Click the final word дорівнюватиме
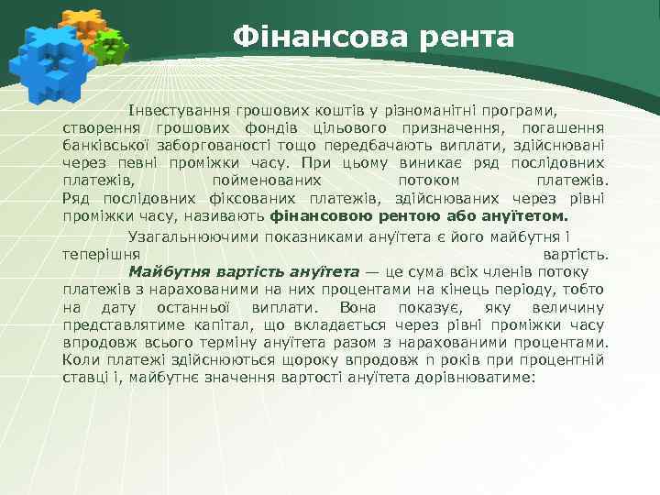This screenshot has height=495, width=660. [x=483, y=379]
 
